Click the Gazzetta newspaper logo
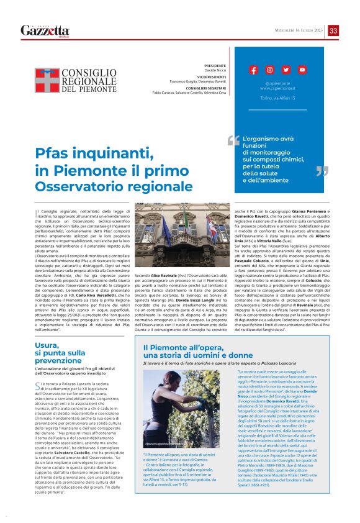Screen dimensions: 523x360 point(45,30)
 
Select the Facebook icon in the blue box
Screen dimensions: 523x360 point(253,70)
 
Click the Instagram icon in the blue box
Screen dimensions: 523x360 point(269,70)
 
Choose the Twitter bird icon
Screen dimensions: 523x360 point(286,70)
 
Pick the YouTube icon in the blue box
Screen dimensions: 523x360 point(302,70)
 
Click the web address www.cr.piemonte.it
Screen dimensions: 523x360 point(277,88)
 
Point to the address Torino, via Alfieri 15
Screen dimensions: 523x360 point(277,98)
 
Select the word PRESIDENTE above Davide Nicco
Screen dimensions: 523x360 point(215,65)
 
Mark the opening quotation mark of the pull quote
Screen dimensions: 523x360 point(233,140)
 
